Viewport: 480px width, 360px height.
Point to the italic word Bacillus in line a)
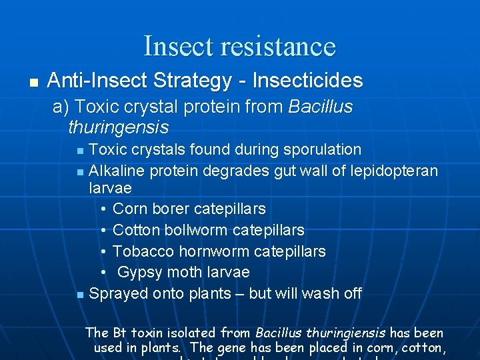(321, 107)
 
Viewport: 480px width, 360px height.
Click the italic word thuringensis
(118, 127)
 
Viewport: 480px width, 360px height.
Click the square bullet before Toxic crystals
(80, 151)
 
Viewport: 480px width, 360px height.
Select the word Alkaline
(117, 171)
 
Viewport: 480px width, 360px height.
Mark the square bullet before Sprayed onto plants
(80, 295)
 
